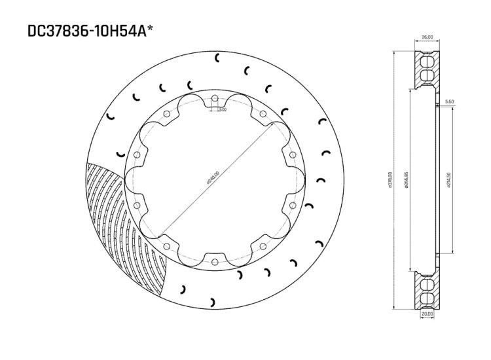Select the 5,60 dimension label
tap(448, 101)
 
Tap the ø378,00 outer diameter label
tap(390, 180)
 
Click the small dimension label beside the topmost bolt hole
tap(223, 110)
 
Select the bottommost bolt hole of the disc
tap(214, 260)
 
